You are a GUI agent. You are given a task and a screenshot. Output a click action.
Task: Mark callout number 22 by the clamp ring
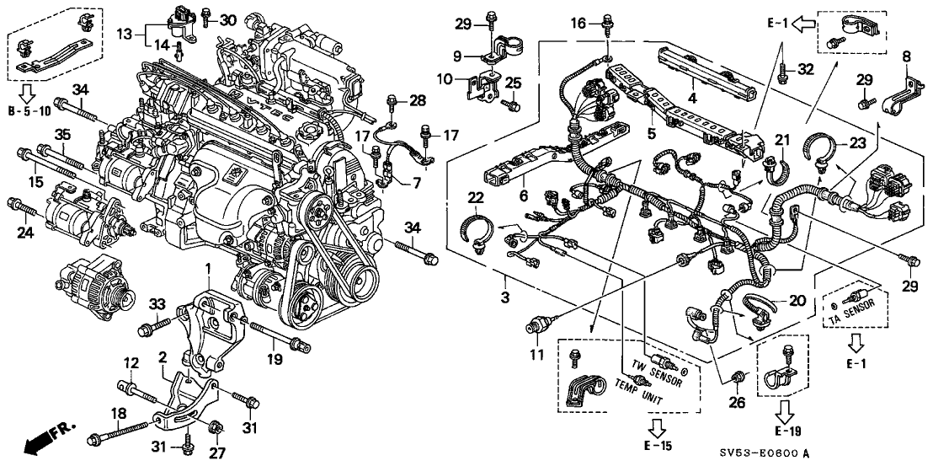point(474,196)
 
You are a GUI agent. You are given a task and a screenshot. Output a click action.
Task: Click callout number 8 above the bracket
point(906,57)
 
